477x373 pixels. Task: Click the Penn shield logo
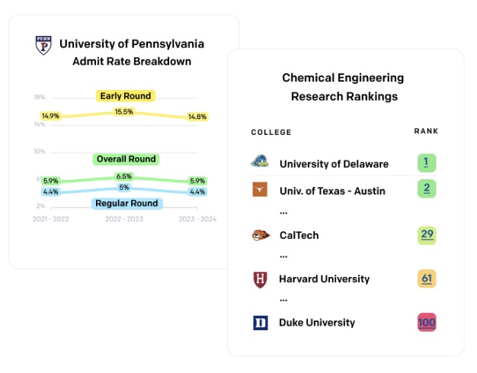tap(43, 45)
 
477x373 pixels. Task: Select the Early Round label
tap(126, 96)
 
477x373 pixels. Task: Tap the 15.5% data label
tap(123, 112)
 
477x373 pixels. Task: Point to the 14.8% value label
tap(197, 117)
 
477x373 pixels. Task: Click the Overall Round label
tap(126, 159)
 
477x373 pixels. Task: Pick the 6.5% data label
tap(123, 176)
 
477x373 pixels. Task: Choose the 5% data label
tap(124, 187)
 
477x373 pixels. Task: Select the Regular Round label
tap(126, 203)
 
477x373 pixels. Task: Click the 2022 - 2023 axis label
tap(124, 219)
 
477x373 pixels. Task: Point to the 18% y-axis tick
tap(40, 97)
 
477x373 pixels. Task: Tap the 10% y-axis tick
tap(40, 151)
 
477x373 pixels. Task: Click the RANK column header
tap(426, 131)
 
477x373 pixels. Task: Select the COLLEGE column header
tap(271, 132)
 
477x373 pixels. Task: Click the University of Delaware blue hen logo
tap(260, 161)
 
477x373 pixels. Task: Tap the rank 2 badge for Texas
tap(427, 188)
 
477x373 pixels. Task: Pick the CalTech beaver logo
tap(261, 236)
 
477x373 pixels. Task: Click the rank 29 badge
tap(427, 236)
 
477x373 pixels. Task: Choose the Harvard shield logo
tap(260, 279)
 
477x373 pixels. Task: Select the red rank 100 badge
tap(427, 322)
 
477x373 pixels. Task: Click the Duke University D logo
tap(261, 323)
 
